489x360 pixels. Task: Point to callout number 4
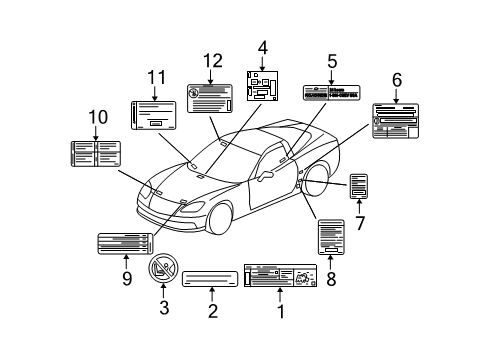[263, 47]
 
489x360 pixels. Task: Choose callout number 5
[332, 60]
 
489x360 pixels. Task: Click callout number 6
[396, 79]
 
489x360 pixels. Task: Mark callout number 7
[358, 222]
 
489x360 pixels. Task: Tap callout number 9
[126, 279]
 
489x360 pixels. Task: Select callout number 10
[97, 117]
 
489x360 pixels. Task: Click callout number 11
[154, 76]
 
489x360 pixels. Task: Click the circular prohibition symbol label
[163, 268]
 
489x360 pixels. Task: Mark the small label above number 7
[359, 186]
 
